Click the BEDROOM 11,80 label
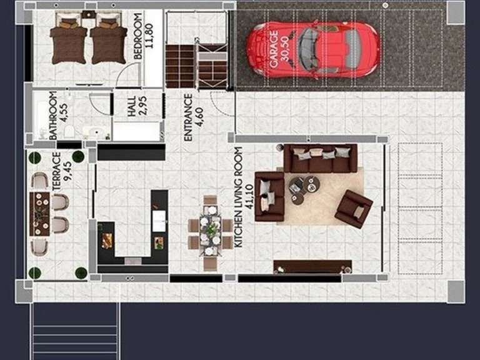pyautogui.click(x=143, y=37)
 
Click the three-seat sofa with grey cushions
pyautogui.click(x=320, y=159)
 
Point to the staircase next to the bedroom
pyautogui.click(x=181, y=65)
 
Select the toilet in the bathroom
pyautogui.click(x=71, y=131)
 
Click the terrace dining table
pyautogui.click(x=40, y=212)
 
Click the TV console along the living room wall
pyautogui.click(x=312, y=267)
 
